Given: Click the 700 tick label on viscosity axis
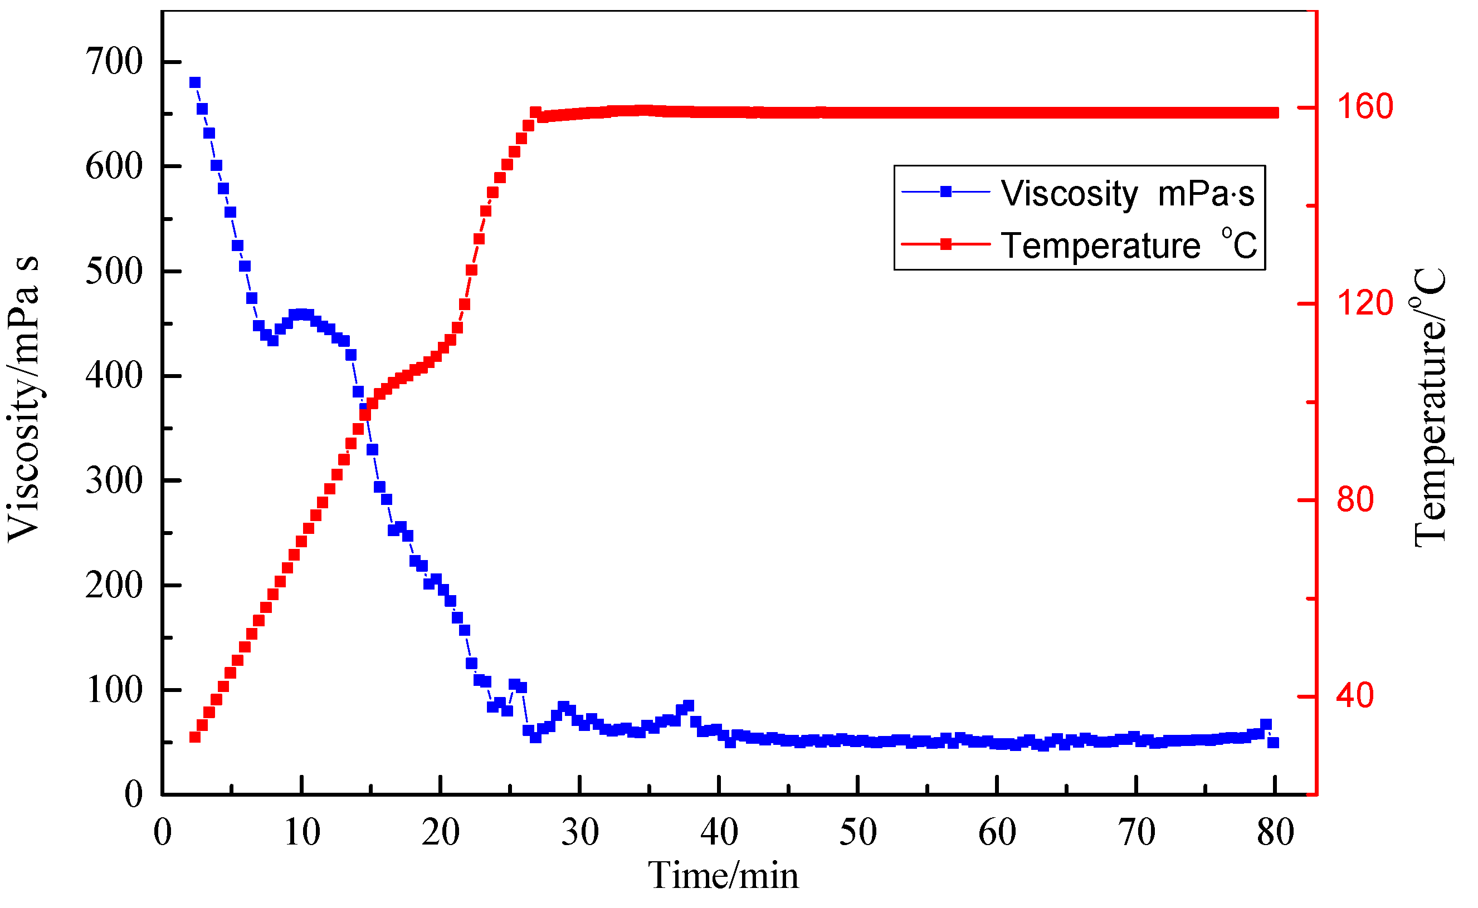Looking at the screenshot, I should [114, 61].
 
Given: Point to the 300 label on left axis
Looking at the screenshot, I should [114, 481].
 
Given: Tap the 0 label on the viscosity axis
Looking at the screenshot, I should [133, 794].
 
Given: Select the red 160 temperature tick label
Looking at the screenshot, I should [1365, 107].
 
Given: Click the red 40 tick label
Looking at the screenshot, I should [1355, 696].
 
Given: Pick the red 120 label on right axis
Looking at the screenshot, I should [1365, 303].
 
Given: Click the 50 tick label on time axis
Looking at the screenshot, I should [858, 833].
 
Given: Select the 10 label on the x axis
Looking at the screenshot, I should [301, 833].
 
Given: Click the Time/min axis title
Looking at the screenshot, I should [723, 877].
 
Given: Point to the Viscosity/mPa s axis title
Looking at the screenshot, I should [24, 399].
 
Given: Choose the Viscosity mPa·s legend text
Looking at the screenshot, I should [1127, 194].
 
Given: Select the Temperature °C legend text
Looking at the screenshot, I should [1128, 246].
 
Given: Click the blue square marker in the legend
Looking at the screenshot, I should [947, 192].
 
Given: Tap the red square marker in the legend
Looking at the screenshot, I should [947, 244].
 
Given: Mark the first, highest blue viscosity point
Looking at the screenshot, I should [194, 83].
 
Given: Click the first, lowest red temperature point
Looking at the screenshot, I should [194, 737].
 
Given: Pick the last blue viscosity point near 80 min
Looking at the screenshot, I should [1273, 743].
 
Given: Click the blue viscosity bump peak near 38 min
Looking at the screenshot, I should [689, 705].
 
